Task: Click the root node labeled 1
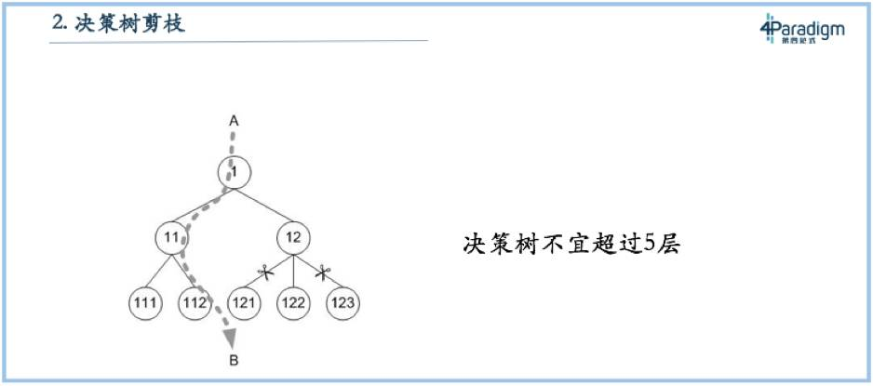click(235, 172)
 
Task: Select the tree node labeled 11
click(171, 237)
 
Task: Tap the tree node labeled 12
click(293, 237)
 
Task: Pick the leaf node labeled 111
click(145, 303)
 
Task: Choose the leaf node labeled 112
click(195, 303)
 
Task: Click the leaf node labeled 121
click(244, 303)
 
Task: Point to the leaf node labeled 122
click(293, 303)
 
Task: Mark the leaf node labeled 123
click(342, 303)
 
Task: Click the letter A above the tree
click(235, 121)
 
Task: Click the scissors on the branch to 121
click(264, 273)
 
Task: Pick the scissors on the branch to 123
click(323, 273)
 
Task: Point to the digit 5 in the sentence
click(649, 246)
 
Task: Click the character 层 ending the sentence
click(669, 246)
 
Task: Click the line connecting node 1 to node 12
click(264, 206)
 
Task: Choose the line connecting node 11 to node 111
click(158, 270)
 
